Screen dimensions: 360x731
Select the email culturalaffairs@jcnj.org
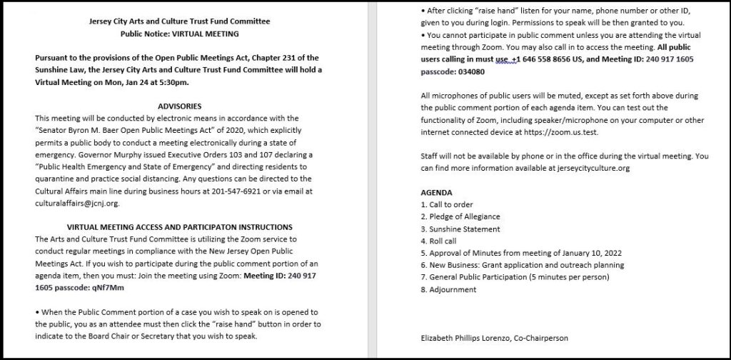point(76,203)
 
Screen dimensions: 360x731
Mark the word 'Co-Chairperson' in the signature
point(543,338)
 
